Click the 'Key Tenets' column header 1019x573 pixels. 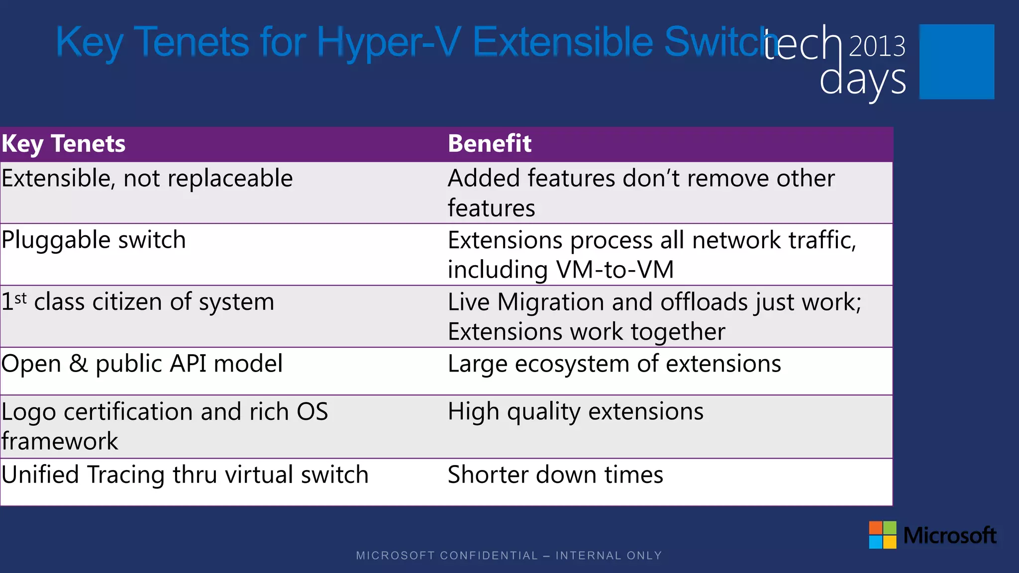coord(63,144)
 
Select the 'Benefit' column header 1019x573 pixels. coord(489,144)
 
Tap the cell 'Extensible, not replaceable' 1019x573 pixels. coord(147,179)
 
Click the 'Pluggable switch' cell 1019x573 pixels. coord(94,240)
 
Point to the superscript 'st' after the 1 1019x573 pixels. coord(20,298)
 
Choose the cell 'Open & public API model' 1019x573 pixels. coord(142,364)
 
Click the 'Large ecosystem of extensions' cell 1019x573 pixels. coord(614,364)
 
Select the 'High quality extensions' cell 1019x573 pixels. coord(575,412)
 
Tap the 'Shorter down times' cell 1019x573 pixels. coord(555,475)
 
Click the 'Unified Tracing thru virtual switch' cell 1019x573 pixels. coord(185,475)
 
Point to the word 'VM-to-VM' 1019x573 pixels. coord(615,270)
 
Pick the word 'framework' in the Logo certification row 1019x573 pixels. coord(60,441)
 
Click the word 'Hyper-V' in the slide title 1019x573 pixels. coord(389,42)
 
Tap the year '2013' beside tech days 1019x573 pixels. coord(877,46)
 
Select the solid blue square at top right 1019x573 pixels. coord(956,62)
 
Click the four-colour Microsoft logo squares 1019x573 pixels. coord(882,535)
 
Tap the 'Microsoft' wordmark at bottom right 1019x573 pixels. coord(949,536)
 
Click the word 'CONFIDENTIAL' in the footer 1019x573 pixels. coord(489,556)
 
